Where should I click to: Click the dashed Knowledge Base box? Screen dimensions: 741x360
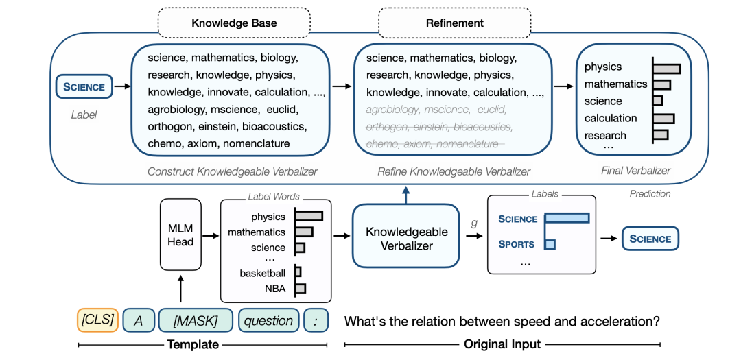(x=234, y=23)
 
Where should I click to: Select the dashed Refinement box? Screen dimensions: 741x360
(x=455, y=23)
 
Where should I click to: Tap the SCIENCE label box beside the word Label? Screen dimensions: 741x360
(x=84, y=86)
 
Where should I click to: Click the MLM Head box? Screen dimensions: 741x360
(x=180, y=235)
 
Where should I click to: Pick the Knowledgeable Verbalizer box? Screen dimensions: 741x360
(x=406, y=235)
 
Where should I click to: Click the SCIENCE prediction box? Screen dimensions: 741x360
(x=650, y=239)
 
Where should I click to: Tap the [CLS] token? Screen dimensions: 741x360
(x=97, y=320)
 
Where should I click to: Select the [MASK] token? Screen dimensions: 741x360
(x=196, y=320)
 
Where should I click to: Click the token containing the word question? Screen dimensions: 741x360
(x=268, y=320)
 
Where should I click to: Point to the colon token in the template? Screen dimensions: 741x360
(x=316, y=320)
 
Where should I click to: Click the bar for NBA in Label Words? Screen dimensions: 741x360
(x=301, y=288)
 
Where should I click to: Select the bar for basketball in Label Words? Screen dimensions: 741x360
(x=298, y=272)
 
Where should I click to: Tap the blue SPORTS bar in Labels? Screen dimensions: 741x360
(x=550, y=244)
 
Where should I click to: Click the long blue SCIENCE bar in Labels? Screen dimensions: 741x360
(x=567, y=218)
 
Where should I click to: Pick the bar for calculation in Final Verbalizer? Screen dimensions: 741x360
(x=663, y=118)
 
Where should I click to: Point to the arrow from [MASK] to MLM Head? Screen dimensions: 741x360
(x=180, y=289)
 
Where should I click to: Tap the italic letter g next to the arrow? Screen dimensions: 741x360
(x=474, y=222)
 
